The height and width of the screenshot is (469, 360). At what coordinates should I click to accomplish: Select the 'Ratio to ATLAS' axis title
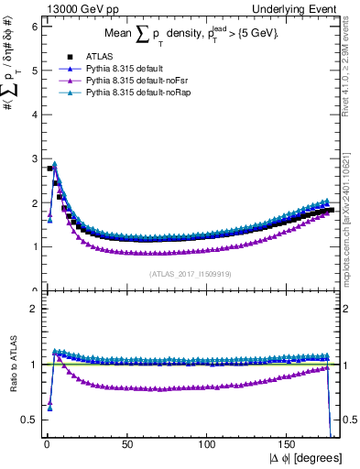[11, 366]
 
